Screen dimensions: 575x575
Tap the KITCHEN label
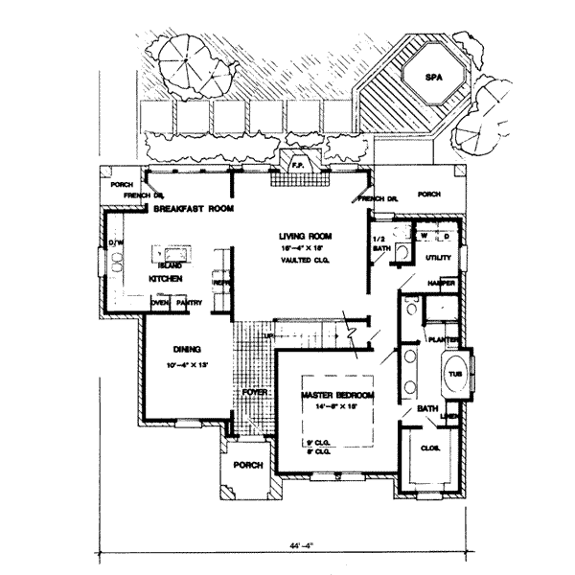click(x=165, y=278)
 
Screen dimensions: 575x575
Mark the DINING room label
click(x=185, y=349)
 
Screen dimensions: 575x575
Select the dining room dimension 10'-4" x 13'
click(x=185, y=365)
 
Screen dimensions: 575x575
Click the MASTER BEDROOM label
click(x=337, y=396)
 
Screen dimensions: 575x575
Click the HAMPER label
click(x=441, y=285)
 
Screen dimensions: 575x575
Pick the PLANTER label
click(x=442, y=339)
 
